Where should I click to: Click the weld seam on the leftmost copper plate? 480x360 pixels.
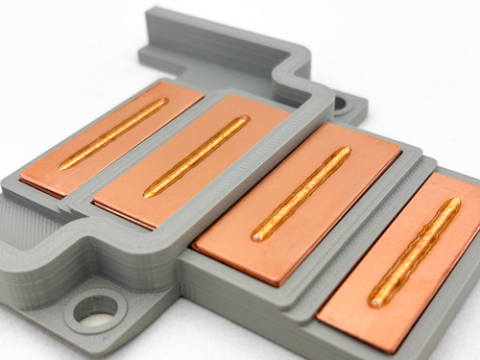tap(113, 133)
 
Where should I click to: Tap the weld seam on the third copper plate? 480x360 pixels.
tap(300, 193)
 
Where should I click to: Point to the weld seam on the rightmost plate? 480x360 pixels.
tap(415, 252)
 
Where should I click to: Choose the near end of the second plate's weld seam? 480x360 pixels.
tap(150, 192)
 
